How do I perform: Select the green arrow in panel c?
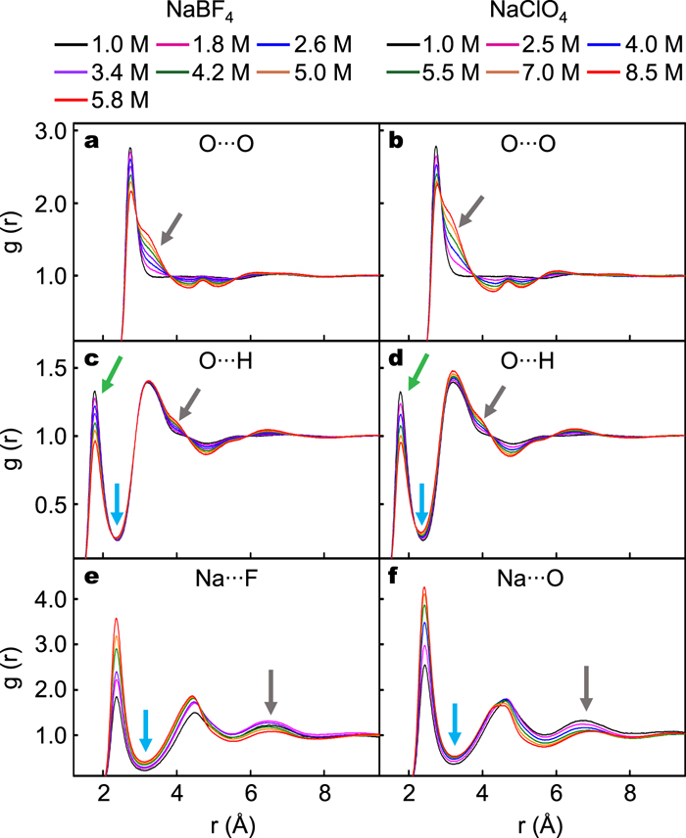pyautogui.click(x=111, y=373)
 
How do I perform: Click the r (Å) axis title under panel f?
pyautogui.click(x=530, y=820)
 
